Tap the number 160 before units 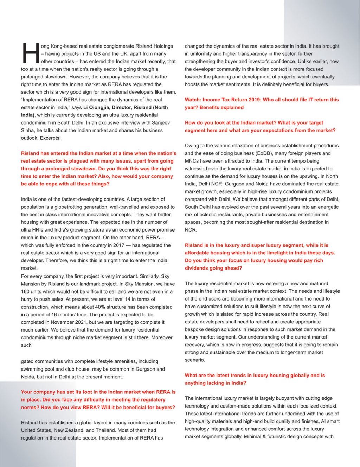(25, 291)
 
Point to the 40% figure (101, 307)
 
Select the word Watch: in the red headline (193, 100)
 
